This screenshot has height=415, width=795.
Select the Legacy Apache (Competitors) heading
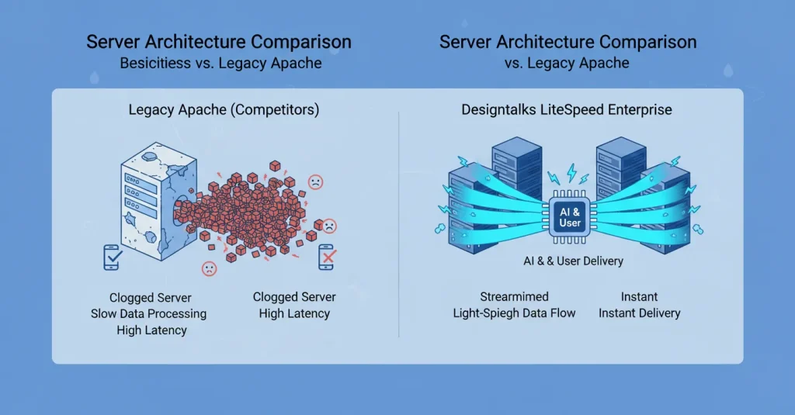(x=224, y=110)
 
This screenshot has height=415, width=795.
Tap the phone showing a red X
(x=326, y=258)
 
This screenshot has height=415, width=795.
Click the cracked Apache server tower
(x=147, y=204)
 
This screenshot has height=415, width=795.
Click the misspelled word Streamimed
(x=514, y=297)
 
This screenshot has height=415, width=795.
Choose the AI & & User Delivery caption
(x=573, y=261)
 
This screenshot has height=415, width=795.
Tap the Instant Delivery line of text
(x=639, y=313)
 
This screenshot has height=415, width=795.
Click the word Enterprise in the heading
(x=640, y=110)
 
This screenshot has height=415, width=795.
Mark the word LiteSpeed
(x=570, y=110)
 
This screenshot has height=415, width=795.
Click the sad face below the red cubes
(x=210, y=268)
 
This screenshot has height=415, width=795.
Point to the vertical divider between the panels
(x=398, y=225)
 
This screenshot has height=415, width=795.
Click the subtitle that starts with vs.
(x=568, y=63)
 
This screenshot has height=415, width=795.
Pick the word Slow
(x=107, y=313)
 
